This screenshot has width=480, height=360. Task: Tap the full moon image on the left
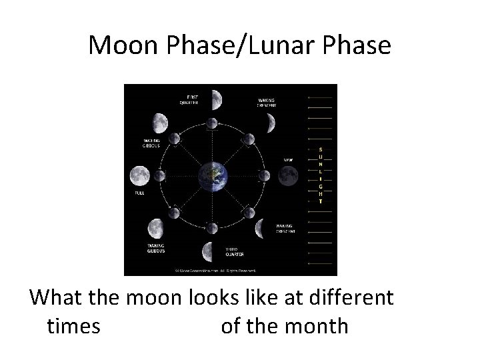point(140,176)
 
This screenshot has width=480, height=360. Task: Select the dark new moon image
point(288,175)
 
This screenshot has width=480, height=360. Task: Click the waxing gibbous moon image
point(159,123)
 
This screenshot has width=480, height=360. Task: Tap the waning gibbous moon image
point(158,229)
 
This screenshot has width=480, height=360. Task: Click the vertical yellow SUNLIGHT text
point(321,175)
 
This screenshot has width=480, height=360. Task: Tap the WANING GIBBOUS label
point(157,248)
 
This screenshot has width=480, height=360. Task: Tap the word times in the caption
point(74,326)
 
